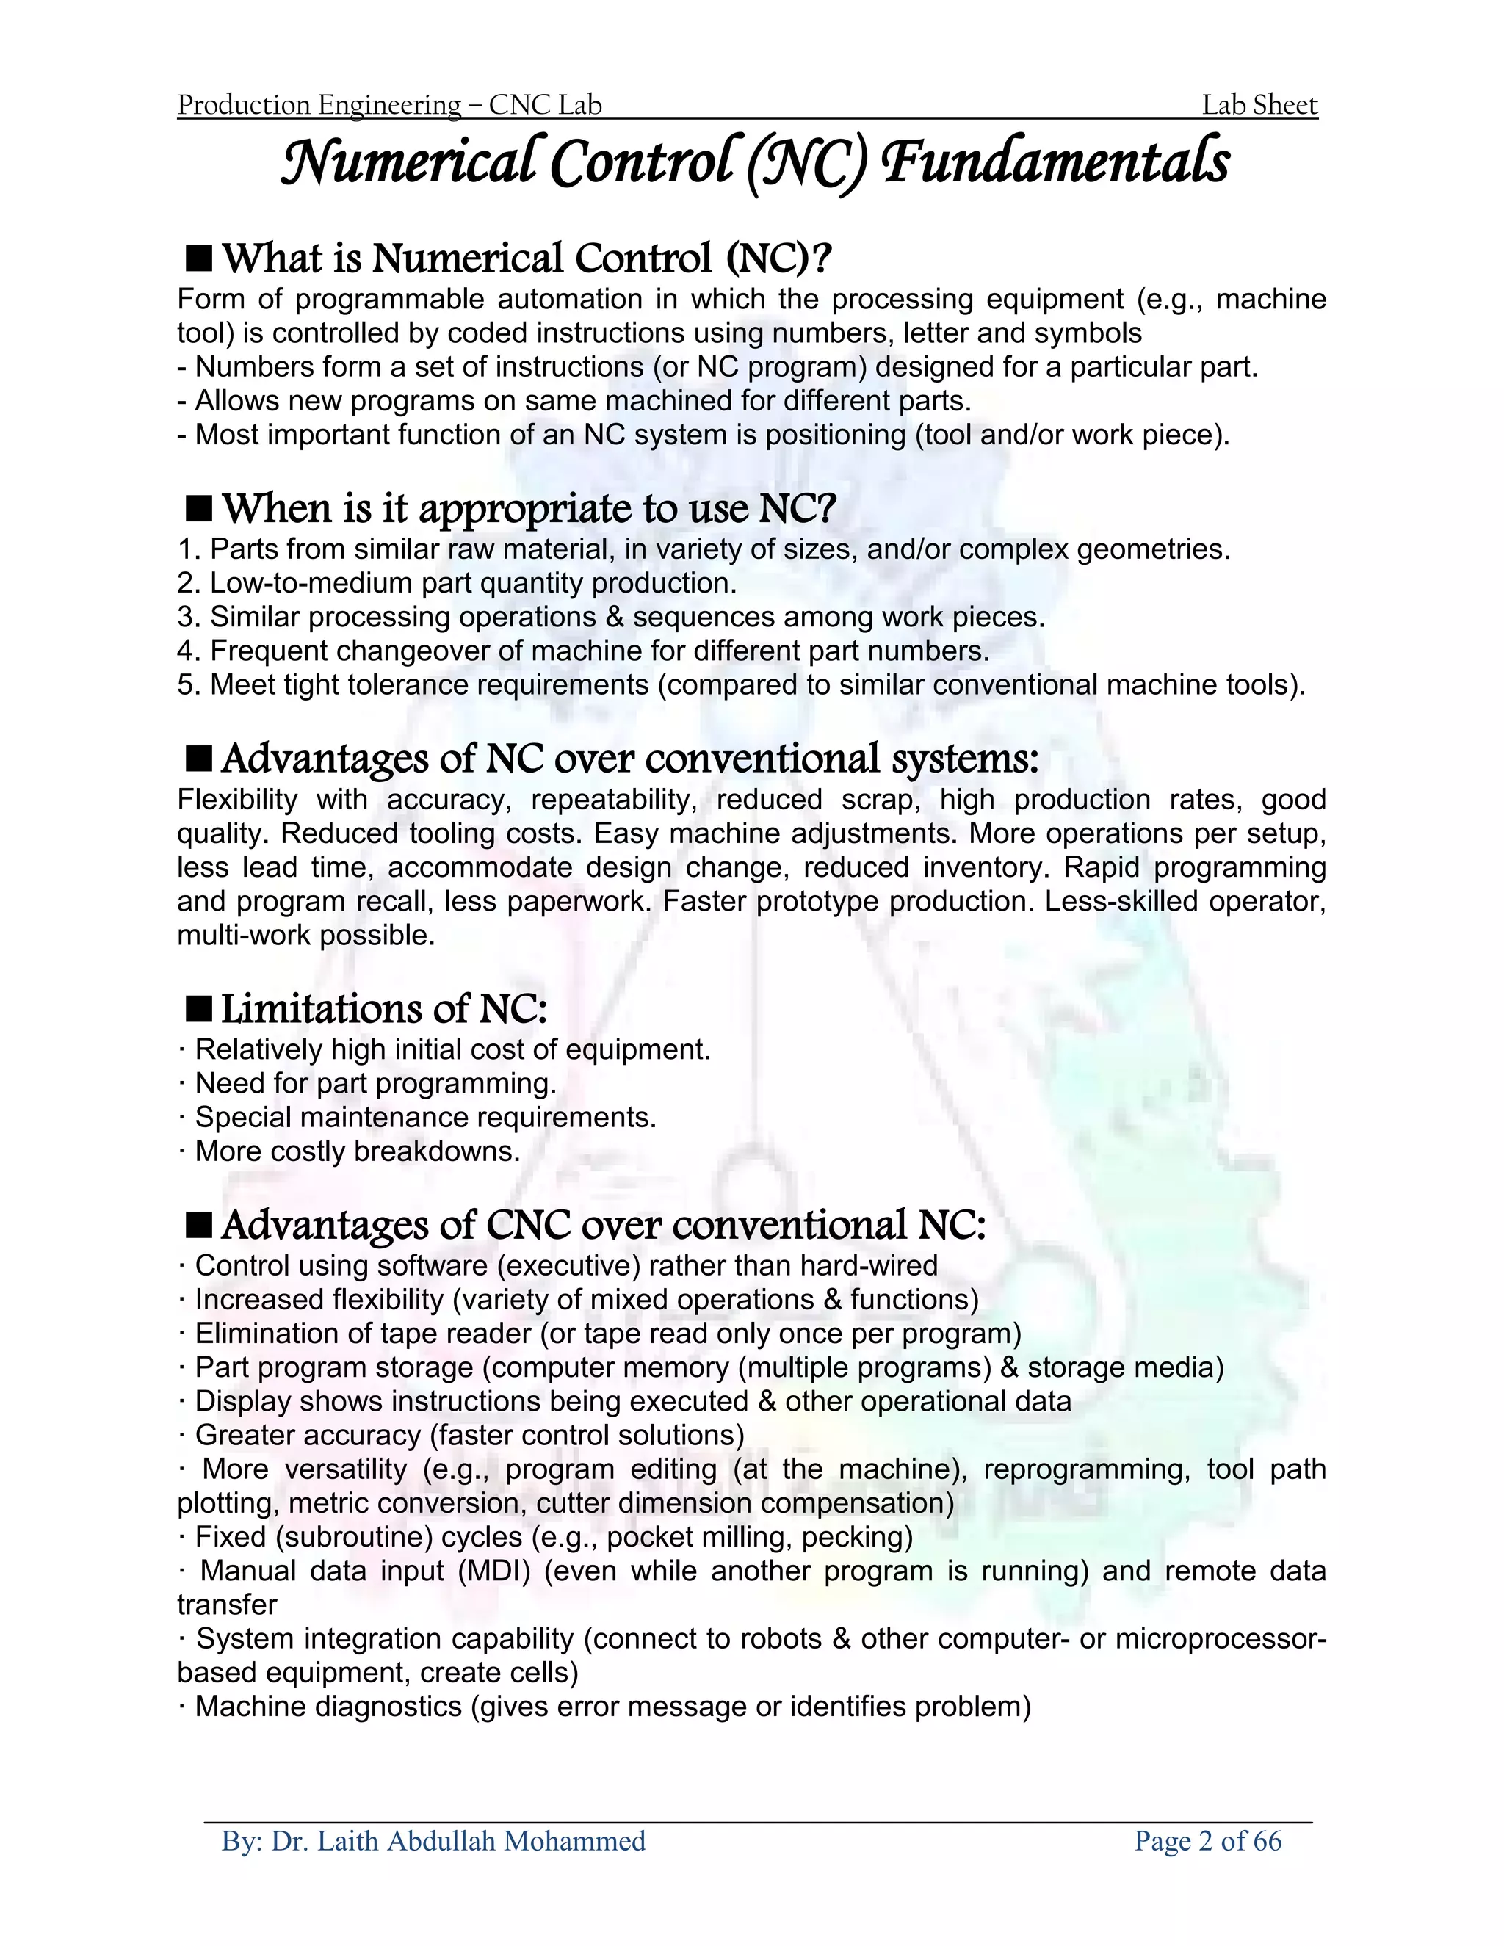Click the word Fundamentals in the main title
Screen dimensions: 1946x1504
(x=1056, y=164)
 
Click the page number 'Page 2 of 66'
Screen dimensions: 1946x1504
(x=1207, y=1840)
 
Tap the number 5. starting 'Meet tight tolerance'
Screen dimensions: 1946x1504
(x=189, y=684)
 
